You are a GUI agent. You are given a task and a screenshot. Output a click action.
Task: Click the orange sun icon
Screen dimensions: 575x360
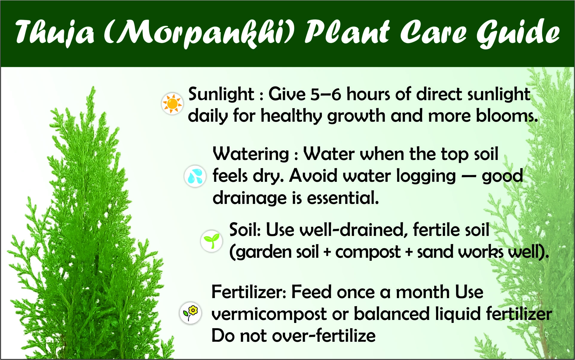click(172, 103)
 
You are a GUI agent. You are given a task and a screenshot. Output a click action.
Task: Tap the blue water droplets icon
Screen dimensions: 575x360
click(195, 176)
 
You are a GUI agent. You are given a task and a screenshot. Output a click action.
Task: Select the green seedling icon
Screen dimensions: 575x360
click(212, 241)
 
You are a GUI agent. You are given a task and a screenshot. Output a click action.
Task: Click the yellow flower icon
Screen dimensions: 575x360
click(190, 313)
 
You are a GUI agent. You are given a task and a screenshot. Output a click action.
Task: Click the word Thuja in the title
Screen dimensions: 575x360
click(55, 32)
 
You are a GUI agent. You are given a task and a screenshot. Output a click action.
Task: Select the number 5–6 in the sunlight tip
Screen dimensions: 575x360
click(326, 94)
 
